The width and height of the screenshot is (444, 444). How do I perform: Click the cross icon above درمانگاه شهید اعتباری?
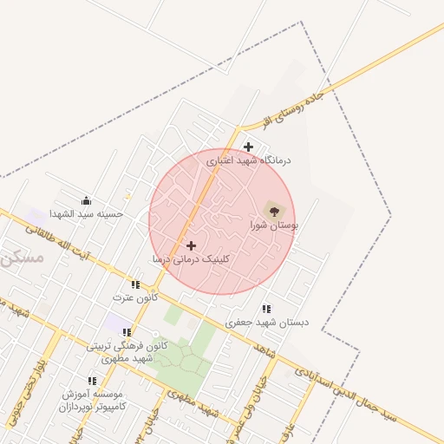[x=248, y=147]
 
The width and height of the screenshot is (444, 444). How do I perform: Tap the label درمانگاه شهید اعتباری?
[x=249, y=160]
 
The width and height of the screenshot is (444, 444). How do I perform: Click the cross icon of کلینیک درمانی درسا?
[x=192, y=245]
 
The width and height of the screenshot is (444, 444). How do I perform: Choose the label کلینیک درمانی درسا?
[x=192, y=258]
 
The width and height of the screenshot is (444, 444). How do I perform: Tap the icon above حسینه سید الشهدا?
[x=86, y=200]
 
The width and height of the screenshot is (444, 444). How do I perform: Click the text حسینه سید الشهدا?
[x=86, y=213]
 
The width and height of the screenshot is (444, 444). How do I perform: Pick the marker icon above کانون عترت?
[x=134, y=284]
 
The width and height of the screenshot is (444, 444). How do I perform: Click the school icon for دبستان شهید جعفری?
[x=266, y=308]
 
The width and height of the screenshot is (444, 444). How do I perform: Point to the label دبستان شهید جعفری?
[x=267, y=322]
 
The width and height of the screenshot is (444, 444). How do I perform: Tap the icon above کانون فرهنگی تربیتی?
[x=127, y=331]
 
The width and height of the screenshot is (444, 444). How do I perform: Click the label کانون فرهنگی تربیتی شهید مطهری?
[x=127, y=351]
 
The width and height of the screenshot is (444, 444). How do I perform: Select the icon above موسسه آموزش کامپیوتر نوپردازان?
[x=92, y=380]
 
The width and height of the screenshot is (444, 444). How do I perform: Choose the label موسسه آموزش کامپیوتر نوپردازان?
[x=93, y=400]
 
